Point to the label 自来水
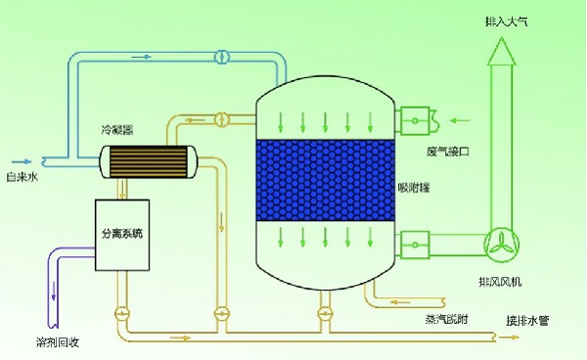coord(22,177)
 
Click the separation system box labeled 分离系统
coord(122,234)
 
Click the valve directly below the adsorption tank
coord(322,314)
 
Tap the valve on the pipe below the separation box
coord(122,314)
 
